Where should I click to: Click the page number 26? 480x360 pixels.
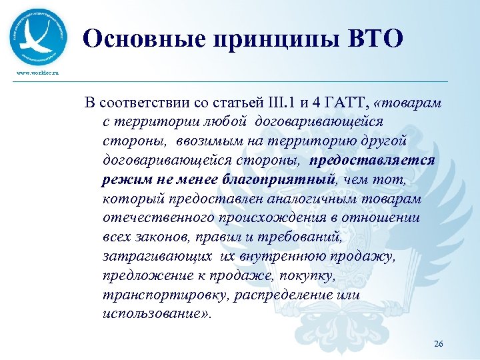[x=438, y=343]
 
